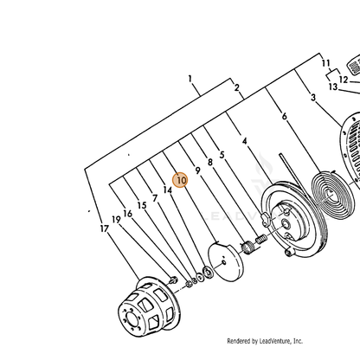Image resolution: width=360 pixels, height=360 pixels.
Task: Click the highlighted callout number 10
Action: (181, 180)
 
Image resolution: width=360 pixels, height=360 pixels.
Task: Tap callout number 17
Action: (105, 228)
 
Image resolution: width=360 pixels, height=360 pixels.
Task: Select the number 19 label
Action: (116, 220)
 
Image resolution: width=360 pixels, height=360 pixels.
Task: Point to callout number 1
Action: (190, 79)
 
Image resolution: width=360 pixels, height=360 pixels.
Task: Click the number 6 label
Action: (285, 116)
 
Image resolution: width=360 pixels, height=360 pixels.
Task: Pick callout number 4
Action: (245, 141)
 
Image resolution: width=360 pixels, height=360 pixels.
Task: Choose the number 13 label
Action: (333, 87)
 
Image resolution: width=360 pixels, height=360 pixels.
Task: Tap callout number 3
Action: (313, 98)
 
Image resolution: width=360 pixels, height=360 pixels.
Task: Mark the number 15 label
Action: (142, 205)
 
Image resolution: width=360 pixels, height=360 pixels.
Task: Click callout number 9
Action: (197, 170)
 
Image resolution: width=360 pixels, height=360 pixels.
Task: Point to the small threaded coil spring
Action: (260, 240)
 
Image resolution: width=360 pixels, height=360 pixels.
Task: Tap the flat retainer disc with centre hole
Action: (226, 262)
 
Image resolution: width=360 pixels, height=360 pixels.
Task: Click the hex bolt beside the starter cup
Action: (173, 280)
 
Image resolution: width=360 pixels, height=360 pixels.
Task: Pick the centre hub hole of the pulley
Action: (286, 222)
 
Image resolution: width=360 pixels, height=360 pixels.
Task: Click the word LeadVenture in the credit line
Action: (275, 341)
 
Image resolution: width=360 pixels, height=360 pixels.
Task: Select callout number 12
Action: (344, 80)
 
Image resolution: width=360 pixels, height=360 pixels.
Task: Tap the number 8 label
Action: (210, 163)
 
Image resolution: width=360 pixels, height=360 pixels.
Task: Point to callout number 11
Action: (326, 63)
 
